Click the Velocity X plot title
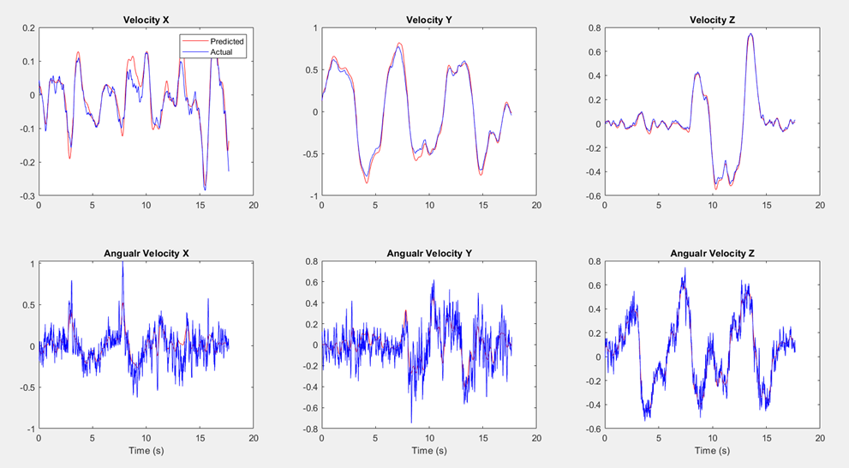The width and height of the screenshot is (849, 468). coord(146,20)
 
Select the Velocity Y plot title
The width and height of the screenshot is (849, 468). coord(428,20)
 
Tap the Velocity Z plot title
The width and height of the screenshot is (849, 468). coord(712,20)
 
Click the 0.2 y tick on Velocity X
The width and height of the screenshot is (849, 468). coord(27,28)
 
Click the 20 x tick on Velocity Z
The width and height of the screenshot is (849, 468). coord(820,206)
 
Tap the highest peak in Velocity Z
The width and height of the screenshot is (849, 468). coord(750,34)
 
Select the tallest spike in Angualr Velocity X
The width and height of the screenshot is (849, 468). coord(123,262)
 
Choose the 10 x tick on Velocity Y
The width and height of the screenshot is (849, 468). coord(428,206)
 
